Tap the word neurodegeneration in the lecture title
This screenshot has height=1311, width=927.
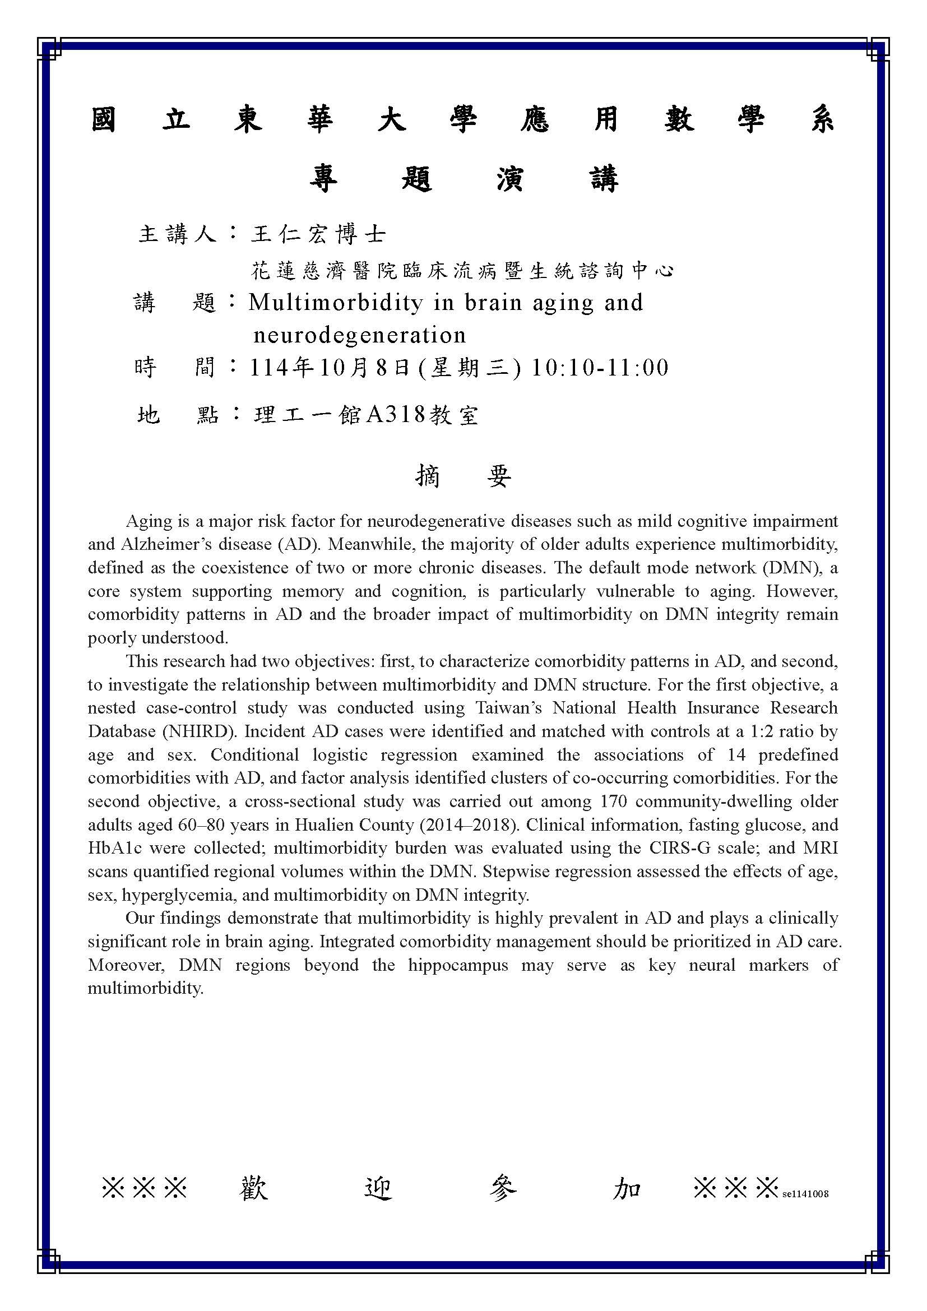[x=360, y=335]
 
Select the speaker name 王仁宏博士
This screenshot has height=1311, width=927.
[x=318, y=234]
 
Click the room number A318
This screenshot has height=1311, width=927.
[x=396, y=415]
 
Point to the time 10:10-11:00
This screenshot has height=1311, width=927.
[x=600, y=368]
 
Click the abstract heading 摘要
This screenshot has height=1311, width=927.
[x=463, y=476]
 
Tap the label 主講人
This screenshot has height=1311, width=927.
[x=178, y=234]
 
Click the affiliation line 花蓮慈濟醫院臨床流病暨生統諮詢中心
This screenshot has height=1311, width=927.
[x=462, y=271]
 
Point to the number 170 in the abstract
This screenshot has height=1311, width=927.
[x=614, y=802]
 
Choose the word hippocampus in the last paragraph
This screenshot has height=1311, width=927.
[x=458, y=966]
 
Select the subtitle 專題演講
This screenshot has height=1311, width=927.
[x=463, y=179]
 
